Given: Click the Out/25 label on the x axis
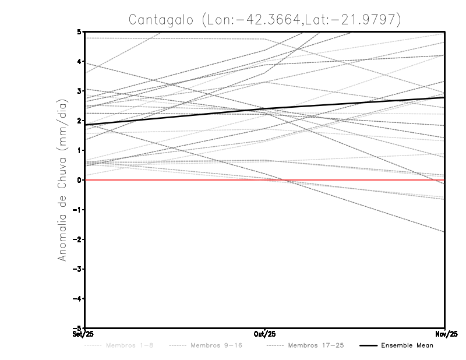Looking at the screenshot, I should point(265,334).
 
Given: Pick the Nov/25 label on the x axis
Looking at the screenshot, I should point(445,334).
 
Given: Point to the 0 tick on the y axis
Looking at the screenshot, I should point(79,180).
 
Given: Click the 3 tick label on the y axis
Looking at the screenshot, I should point(79,91).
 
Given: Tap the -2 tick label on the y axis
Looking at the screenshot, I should point(77,239).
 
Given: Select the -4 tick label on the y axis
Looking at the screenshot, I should point(77,299).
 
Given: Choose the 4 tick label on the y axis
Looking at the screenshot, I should point(79,61).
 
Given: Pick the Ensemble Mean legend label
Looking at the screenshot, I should point(407,345).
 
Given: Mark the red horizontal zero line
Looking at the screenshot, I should point(175,180).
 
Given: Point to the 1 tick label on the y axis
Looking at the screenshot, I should point(79,150).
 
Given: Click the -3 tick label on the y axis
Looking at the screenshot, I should point(77,269).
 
